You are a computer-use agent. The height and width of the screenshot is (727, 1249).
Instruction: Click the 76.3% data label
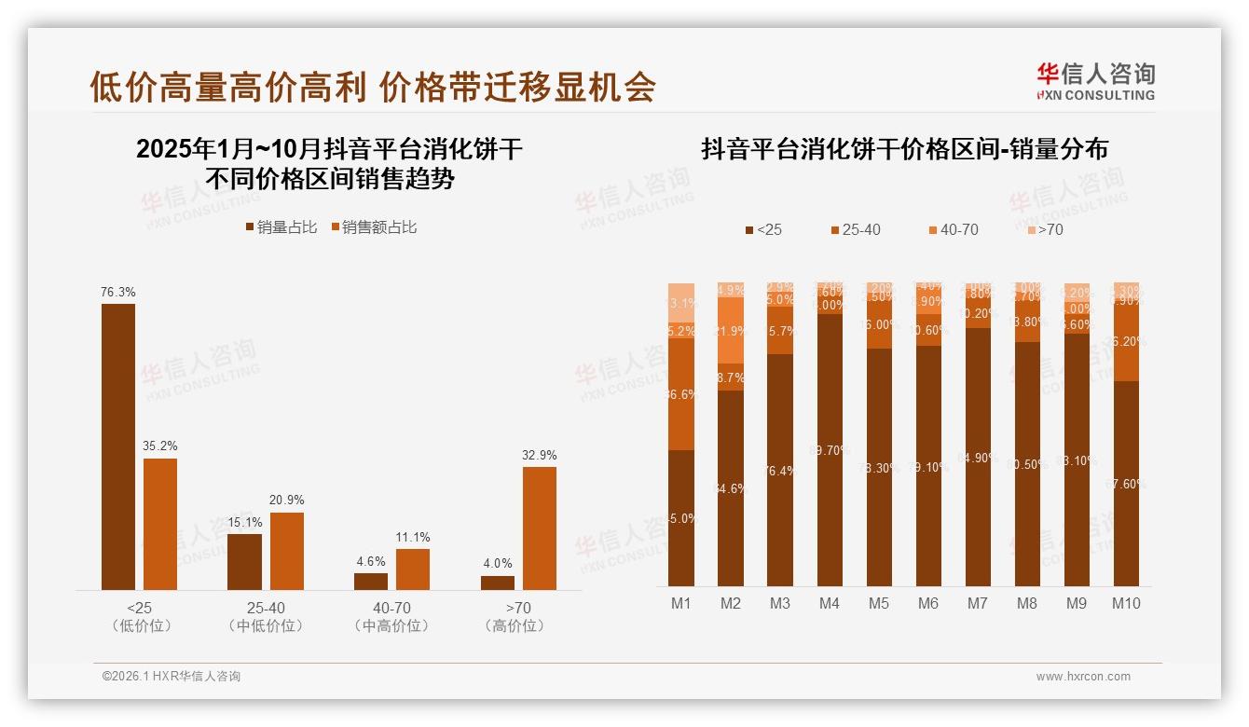(118, 292)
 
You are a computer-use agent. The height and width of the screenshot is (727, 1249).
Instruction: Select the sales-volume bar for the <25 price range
(118, 446)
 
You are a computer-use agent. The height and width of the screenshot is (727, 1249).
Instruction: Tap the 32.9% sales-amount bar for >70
(539, 528)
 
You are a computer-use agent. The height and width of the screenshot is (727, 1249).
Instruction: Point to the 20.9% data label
(286, 501)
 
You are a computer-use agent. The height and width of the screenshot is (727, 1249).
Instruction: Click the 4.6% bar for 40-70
(371, 581)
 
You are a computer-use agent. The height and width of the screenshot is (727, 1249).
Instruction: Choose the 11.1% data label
(413, 537)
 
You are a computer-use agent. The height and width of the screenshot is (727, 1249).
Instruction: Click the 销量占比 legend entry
(281, 227)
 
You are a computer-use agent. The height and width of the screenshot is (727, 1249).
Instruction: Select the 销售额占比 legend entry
(374, 227)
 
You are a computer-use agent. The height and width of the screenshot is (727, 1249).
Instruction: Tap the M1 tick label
(681, 604)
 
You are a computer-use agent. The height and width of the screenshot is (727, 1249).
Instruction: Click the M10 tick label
(1126, 604)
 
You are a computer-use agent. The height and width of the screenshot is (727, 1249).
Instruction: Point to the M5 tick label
(879, 604)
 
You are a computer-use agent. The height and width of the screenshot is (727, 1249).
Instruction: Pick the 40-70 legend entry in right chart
(954, 229)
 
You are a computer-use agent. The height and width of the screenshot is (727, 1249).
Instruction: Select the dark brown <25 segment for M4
(830, 449)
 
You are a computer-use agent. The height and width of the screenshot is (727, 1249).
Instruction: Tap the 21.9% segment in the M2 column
(731, 330)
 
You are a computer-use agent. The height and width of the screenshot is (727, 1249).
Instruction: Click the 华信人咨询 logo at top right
(1095, 81)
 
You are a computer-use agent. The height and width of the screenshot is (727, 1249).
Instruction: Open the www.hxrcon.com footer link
(1083, 677)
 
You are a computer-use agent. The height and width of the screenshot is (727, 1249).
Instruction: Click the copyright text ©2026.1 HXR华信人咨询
(172, 677)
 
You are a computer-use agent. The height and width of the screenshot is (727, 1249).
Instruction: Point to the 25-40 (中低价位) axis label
(266, 617)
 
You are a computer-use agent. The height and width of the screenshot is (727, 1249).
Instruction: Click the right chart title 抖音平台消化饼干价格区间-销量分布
(904, 149)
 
